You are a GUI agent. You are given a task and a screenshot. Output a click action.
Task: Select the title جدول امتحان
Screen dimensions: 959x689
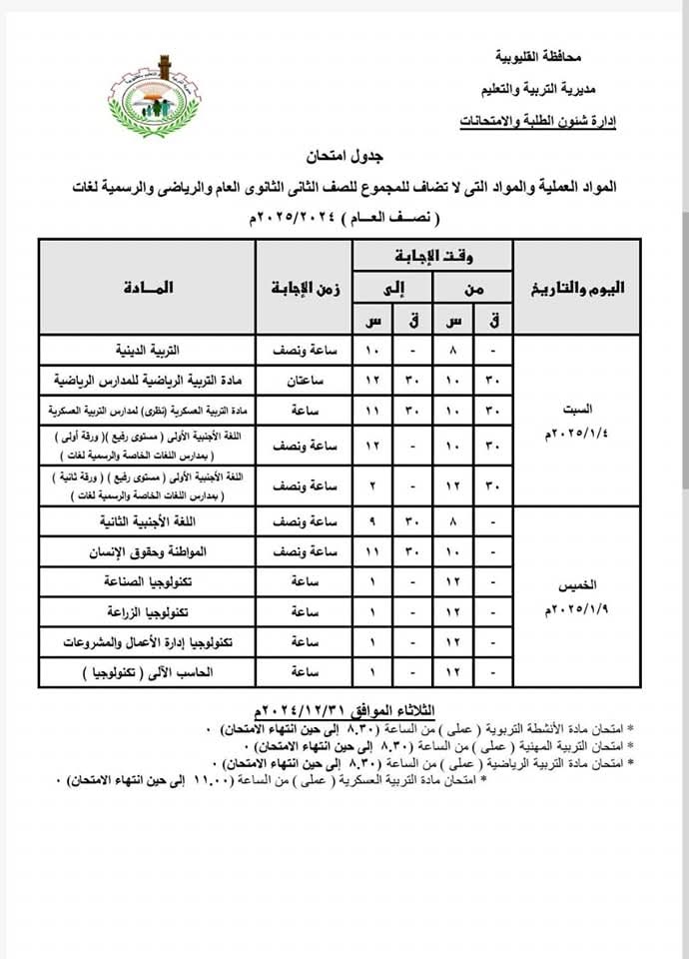pos(345,157)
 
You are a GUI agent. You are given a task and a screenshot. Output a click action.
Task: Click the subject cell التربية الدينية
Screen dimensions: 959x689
pos(149,352)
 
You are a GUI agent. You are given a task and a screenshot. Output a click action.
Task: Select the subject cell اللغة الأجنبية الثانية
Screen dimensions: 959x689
pos(149,520)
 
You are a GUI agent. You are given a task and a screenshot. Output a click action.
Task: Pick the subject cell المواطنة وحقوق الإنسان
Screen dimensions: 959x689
pos(149,550)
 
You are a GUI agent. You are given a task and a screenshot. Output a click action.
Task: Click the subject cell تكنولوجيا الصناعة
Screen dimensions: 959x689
pos(149,581)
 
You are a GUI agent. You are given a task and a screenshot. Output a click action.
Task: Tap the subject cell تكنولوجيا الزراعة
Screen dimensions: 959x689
pos(149,611)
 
